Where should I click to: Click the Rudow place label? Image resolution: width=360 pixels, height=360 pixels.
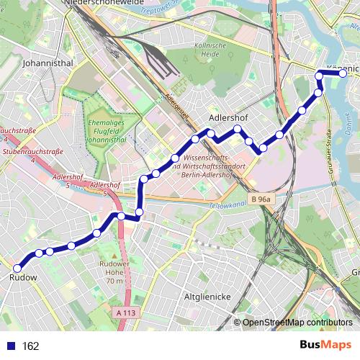[24, 277]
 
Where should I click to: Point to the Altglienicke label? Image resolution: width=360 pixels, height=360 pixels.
[207, 297]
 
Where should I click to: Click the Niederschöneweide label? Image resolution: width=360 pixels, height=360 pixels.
[108, 4]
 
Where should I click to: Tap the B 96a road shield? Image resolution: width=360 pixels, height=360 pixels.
[261, 199]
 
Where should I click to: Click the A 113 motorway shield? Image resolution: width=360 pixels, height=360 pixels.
[125, 312]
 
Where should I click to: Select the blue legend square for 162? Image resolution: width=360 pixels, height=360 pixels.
[10, 346]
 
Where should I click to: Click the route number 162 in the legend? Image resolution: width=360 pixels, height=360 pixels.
[30, 346]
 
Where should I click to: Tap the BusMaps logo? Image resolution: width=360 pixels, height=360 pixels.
[325, 345]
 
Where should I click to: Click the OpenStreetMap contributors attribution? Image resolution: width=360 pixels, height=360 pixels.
[297, 323]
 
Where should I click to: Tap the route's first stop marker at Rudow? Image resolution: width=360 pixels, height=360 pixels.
[19, 267]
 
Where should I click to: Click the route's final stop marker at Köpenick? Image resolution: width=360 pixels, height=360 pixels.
[343, 73]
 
